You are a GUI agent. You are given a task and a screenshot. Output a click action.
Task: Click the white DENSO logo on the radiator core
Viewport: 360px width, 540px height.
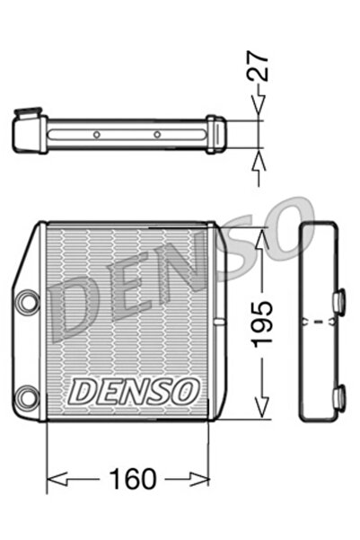click(x=134, y=390)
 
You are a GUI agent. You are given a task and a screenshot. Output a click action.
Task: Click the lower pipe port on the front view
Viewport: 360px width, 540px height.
click(x=28, y=393)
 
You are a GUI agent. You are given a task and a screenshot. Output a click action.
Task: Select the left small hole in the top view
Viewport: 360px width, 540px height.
click(x=96, y=136)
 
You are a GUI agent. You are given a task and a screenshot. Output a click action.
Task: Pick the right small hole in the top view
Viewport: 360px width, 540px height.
click(x=156, y=136)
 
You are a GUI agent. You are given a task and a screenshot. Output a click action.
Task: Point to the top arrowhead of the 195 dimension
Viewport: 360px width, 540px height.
click(x=261, y=235)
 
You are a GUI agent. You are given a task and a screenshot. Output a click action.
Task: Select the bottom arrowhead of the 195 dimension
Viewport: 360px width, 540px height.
click(x=261, y=411)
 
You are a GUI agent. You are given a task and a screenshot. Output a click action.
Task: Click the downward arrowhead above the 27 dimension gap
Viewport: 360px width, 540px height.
click(x=260, y=111)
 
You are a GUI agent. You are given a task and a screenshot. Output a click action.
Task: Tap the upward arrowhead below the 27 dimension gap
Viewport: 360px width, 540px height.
click(x=260, y=160)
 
